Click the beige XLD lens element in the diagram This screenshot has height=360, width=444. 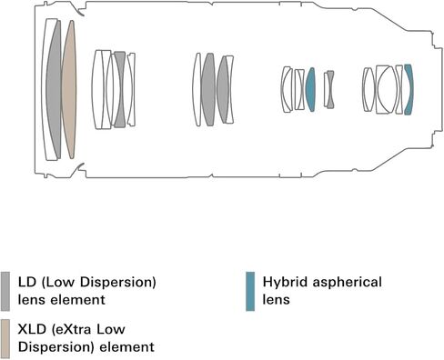coord(69,90)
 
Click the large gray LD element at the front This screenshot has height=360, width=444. coord(54,90)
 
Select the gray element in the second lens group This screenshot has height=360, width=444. coord(120,89)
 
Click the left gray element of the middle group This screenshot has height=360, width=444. coord(208,89)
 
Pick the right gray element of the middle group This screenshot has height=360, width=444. coord(223,89)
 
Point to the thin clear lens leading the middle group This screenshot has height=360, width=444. coord(197,89)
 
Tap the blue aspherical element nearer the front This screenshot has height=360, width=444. coord(310,89)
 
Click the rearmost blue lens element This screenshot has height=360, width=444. coord(409,89)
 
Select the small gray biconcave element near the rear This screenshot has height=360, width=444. coord(330,89)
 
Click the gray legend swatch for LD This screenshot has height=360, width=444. coord(5,291)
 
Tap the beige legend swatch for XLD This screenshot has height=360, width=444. coord(5,338)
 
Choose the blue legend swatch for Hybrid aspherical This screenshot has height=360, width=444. coord(250,291)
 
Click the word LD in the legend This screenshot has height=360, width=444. coord(27,282)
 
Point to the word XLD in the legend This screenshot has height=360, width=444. coord(32,329)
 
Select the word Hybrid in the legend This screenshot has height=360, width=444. coord(286,282)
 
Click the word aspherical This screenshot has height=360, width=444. coord(348,282)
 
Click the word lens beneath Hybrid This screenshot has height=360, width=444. coord(276,300)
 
